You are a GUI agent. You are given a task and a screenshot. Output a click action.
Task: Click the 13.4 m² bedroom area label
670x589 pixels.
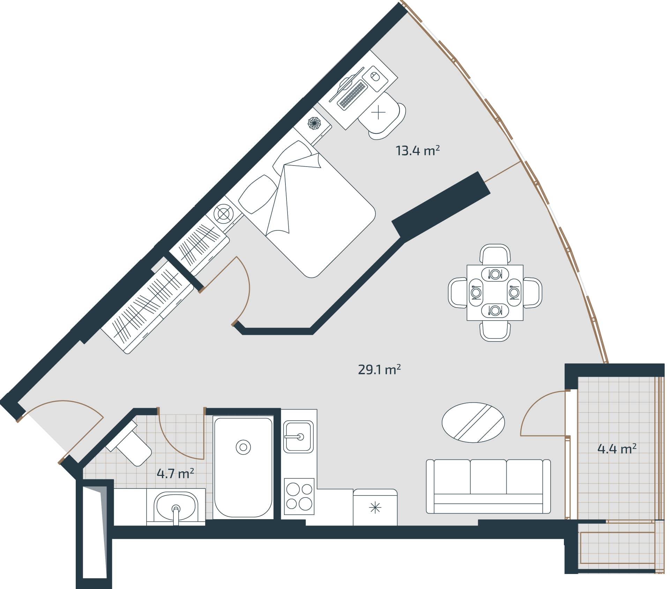(x=417, y=151)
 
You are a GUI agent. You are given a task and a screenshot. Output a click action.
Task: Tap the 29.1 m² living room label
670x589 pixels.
(x=379, y=369)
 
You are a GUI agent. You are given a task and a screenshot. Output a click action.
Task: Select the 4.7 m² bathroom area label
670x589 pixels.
(x=175, y=474)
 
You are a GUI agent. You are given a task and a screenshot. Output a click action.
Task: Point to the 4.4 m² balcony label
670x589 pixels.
(x=617, y=449)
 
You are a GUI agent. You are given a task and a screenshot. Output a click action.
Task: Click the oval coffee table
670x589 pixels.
(x=473, y=422)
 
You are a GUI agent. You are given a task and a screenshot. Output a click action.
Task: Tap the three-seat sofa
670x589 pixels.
(x=488, y=486)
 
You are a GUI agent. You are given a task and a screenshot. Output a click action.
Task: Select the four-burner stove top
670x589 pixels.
(x=299, y=496)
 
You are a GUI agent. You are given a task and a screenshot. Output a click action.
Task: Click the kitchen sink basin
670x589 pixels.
(x=298, y=436)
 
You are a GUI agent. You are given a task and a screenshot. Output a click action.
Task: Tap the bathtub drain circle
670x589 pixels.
(x=243, y=447)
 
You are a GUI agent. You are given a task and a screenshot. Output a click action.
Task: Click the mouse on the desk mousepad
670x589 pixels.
(x=374, y=76)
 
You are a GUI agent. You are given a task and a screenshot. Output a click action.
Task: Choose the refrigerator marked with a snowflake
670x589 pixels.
(x=375, y=507)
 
